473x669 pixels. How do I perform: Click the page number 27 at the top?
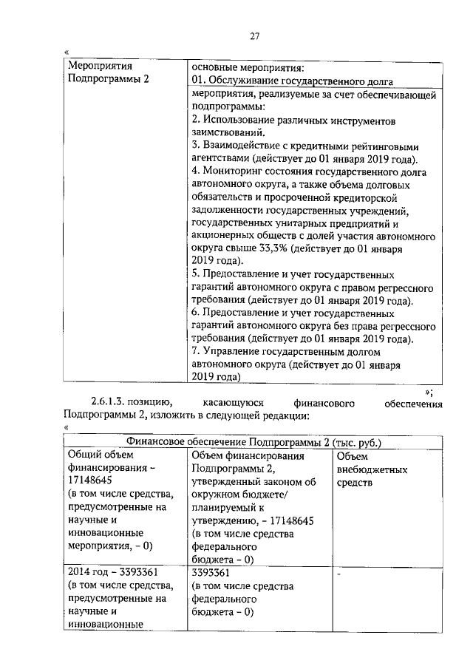(254, 36)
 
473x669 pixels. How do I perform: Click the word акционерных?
(222, 237)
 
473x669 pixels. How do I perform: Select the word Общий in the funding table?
(84, 455)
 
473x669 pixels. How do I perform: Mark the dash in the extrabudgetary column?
(338, 573)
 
